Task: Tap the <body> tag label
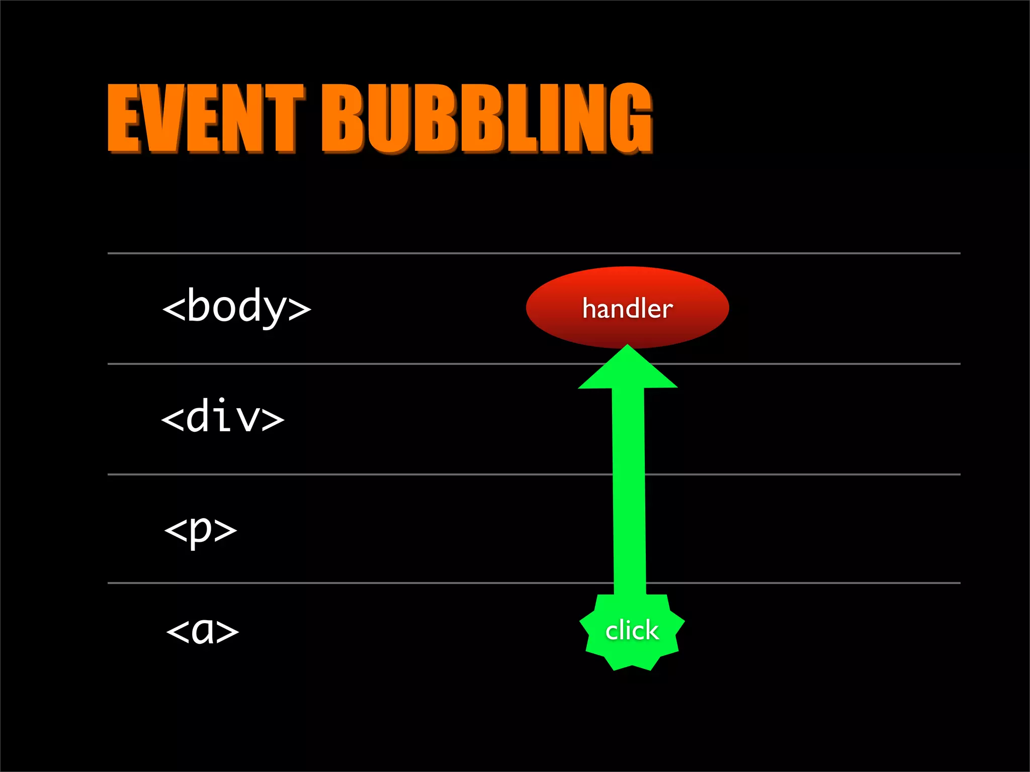(236, 307)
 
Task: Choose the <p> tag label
(200, 530)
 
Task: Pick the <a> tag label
(202, 630)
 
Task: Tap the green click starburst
(632, 631)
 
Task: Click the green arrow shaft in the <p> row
(629, 528)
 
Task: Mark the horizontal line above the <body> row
(352, 253)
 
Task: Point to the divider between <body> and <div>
(352, 363)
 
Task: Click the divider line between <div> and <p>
(352, 474)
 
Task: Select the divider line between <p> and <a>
(352, 583)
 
